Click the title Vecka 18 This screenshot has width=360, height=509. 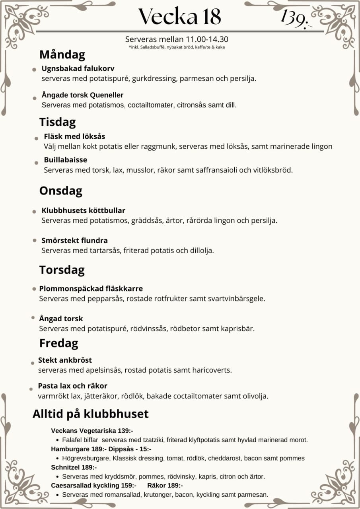click(179, 17)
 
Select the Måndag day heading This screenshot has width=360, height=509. click(62, 54)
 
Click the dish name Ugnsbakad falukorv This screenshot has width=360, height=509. click(78, 68)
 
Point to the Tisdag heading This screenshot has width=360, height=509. click(57, 122)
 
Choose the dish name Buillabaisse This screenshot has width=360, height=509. click(66, 160)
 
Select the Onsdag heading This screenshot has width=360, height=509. click(60, 191)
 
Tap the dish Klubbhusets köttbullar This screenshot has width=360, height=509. click(84, 210)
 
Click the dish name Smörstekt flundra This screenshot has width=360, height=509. click(75, 241)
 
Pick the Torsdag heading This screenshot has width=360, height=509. click(62, 270)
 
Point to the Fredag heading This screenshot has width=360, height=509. click(58, 343)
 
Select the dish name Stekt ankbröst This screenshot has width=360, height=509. click(65, 360)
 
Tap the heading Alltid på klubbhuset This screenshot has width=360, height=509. click(90, 414)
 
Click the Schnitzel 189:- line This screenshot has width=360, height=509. click(74, 467)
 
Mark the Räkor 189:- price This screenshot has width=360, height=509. click(165, 486)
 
